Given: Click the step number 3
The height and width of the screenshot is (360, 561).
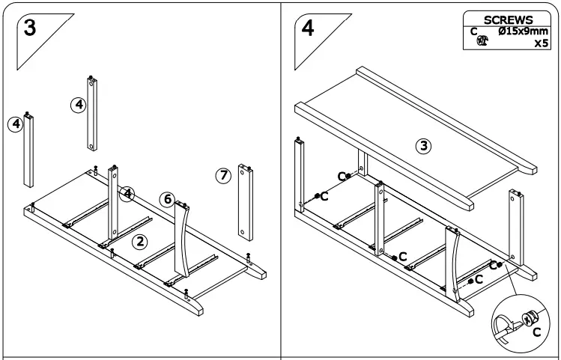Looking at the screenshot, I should coord(30,28).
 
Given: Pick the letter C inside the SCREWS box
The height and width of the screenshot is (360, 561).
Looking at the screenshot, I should coord(474,31).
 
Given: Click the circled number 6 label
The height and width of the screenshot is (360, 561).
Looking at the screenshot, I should coord(168,199).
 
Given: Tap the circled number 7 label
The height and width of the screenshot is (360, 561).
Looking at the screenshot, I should coord(222,176).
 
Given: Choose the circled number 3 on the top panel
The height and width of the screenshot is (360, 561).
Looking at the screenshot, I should coord(423,146).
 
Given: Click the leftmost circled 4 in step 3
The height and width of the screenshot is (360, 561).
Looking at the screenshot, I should coord(14,123).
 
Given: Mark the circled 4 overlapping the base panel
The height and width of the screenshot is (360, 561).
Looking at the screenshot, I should coord(128,194).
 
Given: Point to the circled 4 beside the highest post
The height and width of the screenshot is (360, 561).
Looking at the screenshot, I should coord(78,105).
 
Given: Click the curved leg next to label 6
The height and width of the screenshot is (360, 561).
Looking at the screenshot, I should coord(182,240).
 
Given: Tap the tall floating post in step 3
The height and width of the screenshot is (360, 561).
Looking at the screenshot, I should coord(91,116).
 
